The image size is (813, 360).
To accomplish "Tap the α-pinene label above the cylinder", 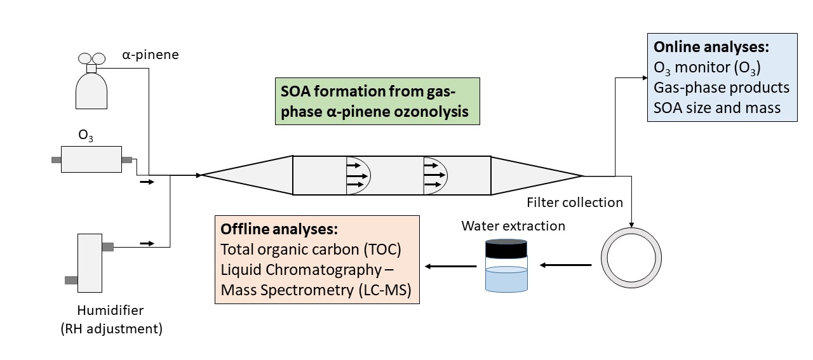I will pyautogui.click(x=151, y=55).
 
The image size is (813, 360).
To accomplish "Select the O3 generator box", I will pyautogui.click(x=91, y=159).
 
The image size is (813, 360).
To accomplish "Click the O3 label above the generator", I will pyautogui.click(x=86, y=135).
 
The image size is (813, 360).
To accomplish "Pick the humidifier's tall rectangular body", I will pyautogui.click(x=89, y=263).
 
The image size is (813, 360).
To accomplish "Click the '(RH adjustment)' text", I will pyautogui.click(x=119, y=328).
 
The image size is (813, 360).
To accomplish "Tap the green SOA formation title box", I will pyautogui.click(x=377, y=101).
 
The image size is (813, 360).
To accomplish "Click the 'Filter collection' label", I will pyautogui.click(x=575, y=203).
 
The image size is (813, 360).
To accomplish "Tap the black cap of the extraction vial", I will pyautogui.click(x=506, y=248).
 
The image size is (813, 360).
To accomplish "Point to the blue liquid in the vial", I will pyautogui.click(x=506, y=279).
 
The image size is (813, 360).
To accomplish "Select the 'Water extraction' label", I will pyautogui.click(x=513, y=225).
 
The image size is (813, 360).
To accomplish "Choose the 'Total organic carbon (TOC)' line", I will pyautogui.click(x=311, y=249).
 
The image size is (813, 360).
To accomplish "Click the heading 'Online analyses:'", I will pyautogui.click(x=711, y=48).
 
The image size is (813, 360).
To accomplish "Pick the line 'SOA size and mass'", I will pyautogui.click(x=717, y=107).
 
